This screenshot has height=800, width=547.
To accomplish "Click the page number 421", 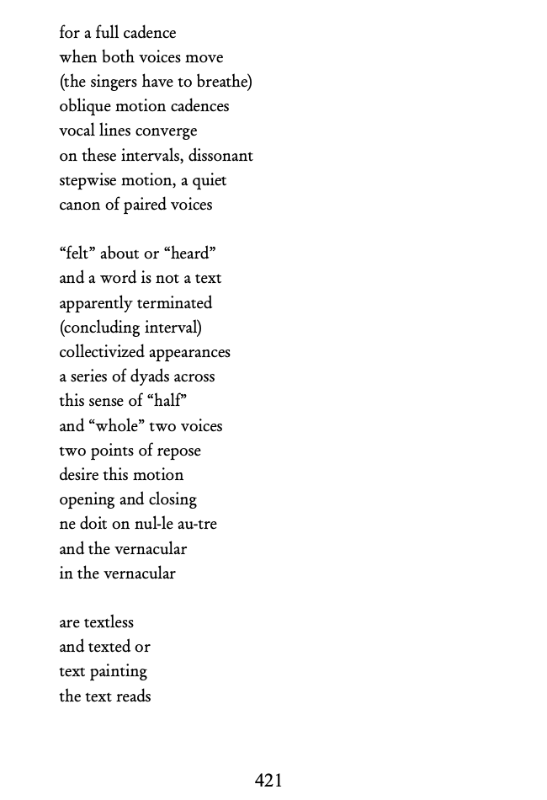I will coord(268,781).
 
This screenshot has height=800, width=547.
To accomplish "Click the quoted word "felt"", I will coord(77,253).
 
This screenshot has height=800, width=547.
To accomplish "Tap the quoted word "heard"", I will coord(193,253).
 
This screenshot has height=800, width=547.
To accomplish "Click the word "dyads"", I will coord(151,377).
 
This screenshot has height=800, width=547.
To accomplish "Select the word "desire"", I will coord(79,475).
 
